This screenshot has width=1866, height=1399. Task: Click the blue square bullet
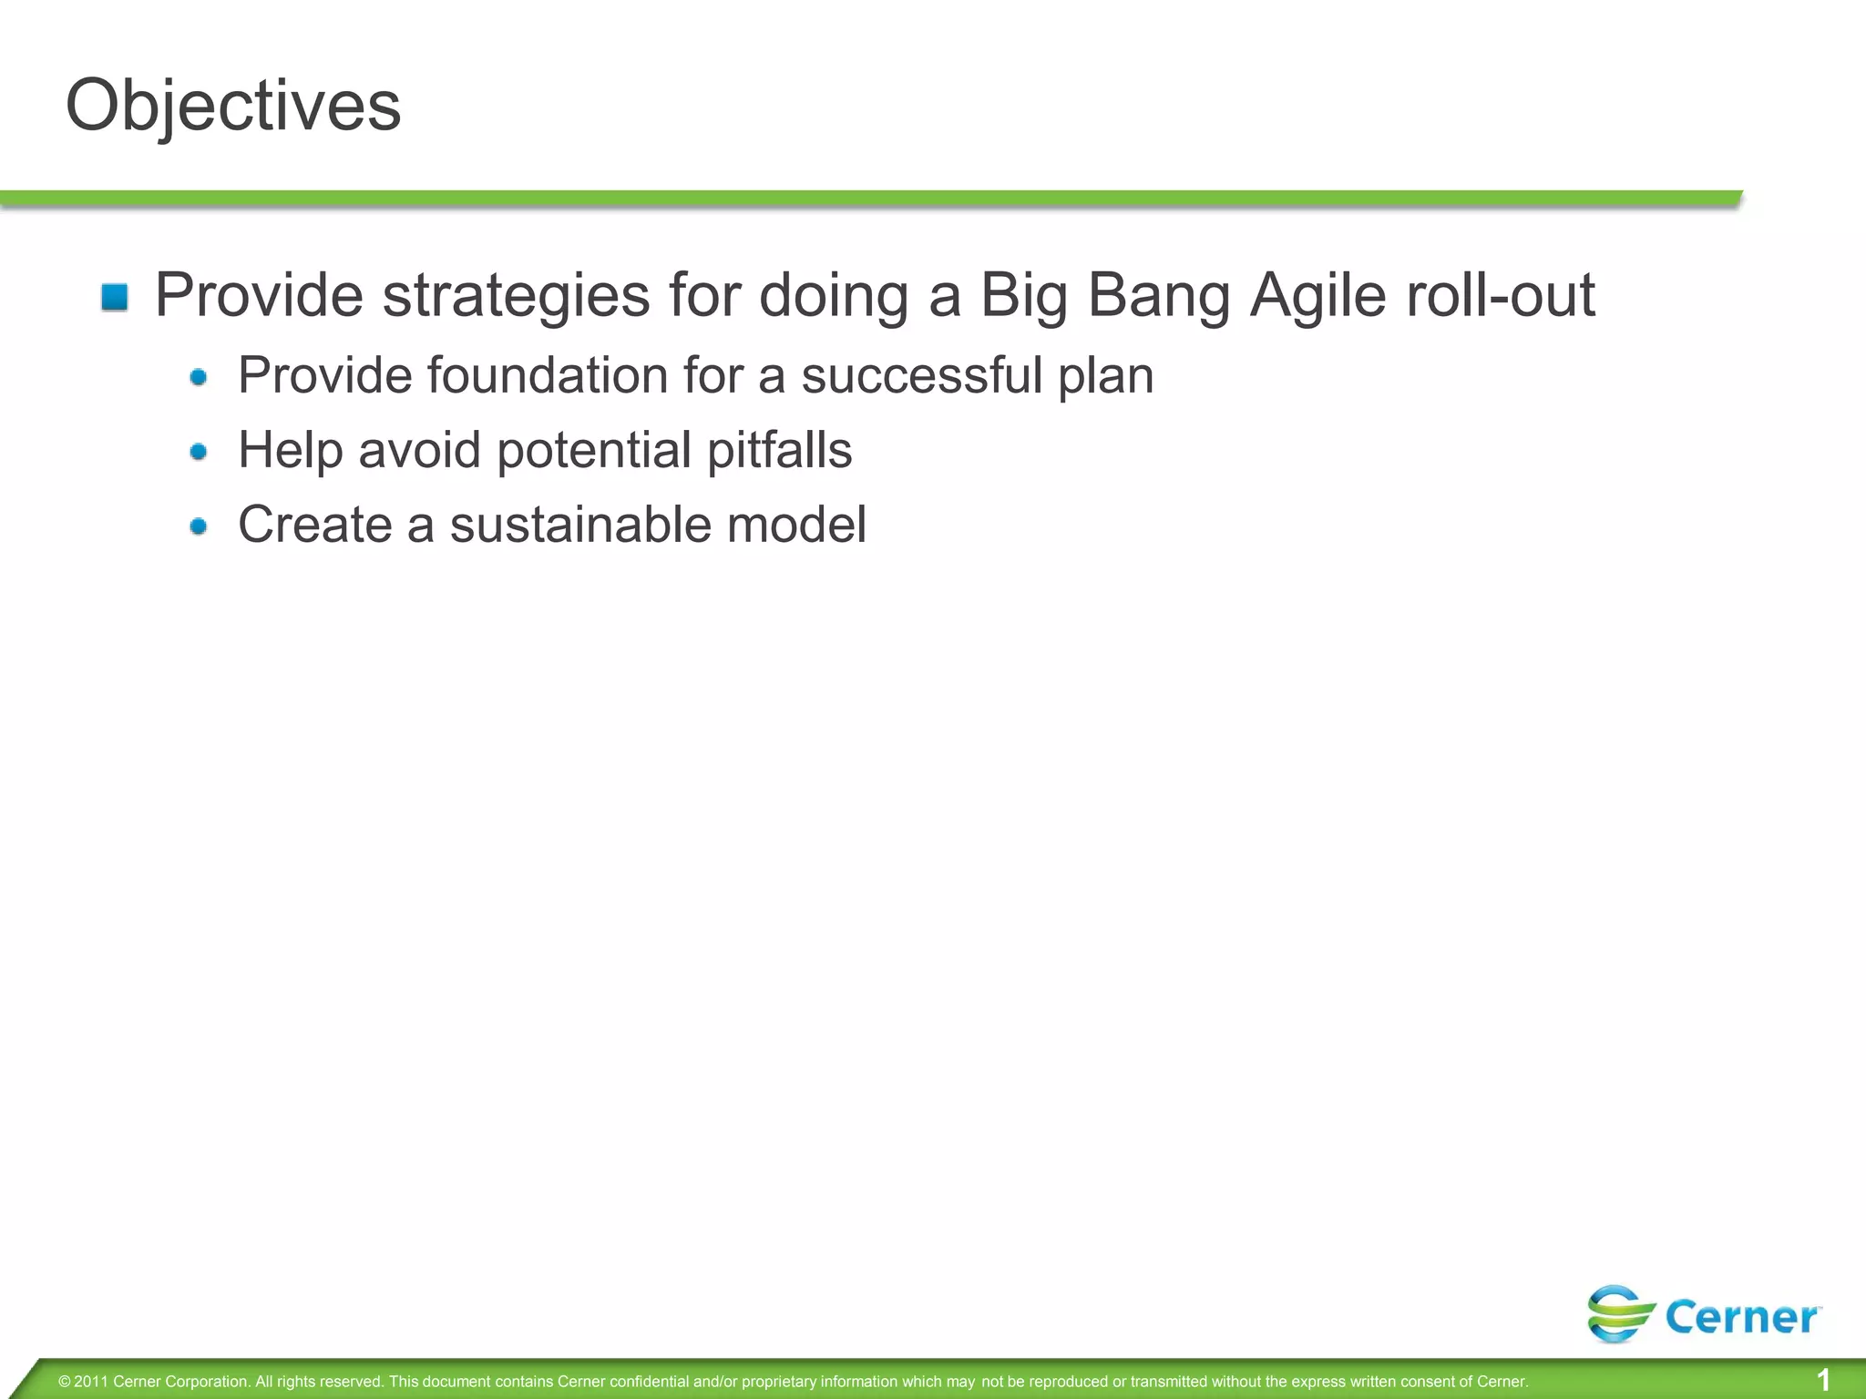pyautogui.click(x=115, y=297)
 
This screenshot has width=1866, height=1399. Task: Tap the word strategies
pyautogui.click(x=516, y=296)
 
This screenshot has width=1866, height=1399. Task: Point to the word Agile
pyautogui.click(x=1317, y=296)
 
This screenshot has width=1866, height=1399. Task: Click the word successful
pyautogui.click(x=921, y=375)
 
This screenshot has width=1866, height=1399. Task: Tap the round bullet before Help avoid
pyautogui.click(x=199, y=451)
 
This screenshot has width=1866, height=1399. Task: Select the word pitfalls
pyautogui.click(x=779, y=450)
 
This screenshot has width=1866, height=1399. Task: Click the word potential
pyautogui.click(x=594, y=450)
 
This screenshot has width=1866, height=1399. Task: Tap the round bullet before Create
pyautogui.click(x=199, y=526)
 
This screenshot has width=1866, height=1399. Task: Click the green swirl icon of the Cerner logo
pyautogui.click(x=1620, y=1313)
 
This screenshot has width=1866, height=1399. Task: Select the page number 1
pyautogui.click(x=1823, y=1380)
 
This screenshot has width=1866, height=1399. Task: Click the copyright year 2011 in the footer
pyautogui.click(x=91, y=1382)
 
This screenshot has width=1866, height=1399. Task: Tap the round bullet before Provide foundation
pyautogui.click(x=199, y=376)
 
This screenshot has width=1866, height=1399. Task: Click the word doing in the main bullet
pyautogui.click(x=834, y=296)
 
